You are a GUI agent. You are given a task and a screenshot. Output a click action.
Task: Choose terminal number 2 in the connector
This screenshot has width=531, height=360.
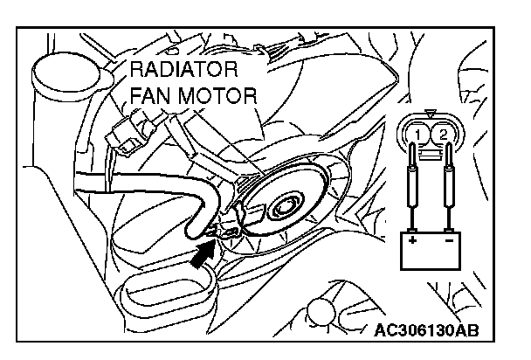(445, 133)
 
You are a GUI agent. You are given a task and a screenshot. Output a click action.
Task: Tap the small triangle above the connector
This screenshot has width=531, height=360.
(432, 113)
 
